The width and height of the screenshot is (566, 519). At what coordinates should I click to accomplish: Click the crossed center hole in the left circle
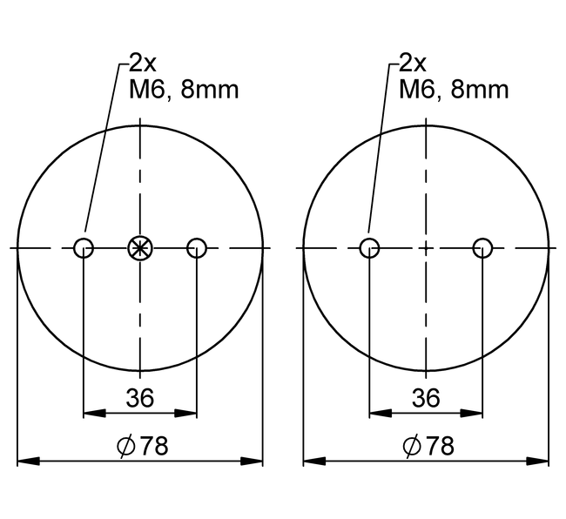point(139,247)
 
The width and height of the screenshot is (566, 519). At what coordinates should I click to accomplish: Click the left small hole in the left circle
point(83,247)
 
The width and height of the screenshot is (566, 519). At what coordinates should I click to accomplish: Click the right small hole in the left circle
point(197,247)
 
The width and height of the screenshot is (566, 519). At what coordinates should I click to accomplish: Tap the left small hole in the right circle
point(369,247)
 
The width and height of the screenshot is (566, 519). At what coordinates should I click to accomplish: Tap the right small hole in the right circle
point(482,247)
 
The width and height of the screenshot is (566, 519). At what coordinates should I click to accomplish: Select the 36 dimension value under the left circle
point(139,398)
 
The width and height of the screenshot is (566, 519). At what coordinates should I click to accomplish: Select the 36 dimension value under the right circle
point(426,398)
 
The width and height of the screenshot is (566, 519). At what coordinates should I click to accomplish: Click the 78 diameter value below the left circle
point(154,446)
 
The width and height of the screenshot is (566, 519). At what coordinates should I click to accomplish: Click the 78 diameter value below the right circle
point(441,446)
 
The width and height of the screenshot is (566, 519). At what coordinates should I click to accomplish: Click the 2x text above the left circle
point(143,63)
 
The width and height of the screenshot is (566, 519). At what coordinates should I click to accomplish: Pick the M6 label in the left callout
point(145,89)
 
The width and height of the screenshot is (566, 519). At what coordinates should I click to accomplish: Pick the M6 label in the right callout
point(416,89)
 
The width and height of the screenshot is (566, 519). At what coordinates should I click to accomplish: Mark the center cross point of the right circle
point(426,247)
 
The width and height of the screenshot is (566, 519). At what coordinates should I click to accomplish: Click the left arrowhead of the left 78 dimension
point(24,460)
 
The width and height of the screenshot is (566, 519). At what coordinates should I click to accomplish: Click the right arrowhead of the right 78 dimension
point(542,460)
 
